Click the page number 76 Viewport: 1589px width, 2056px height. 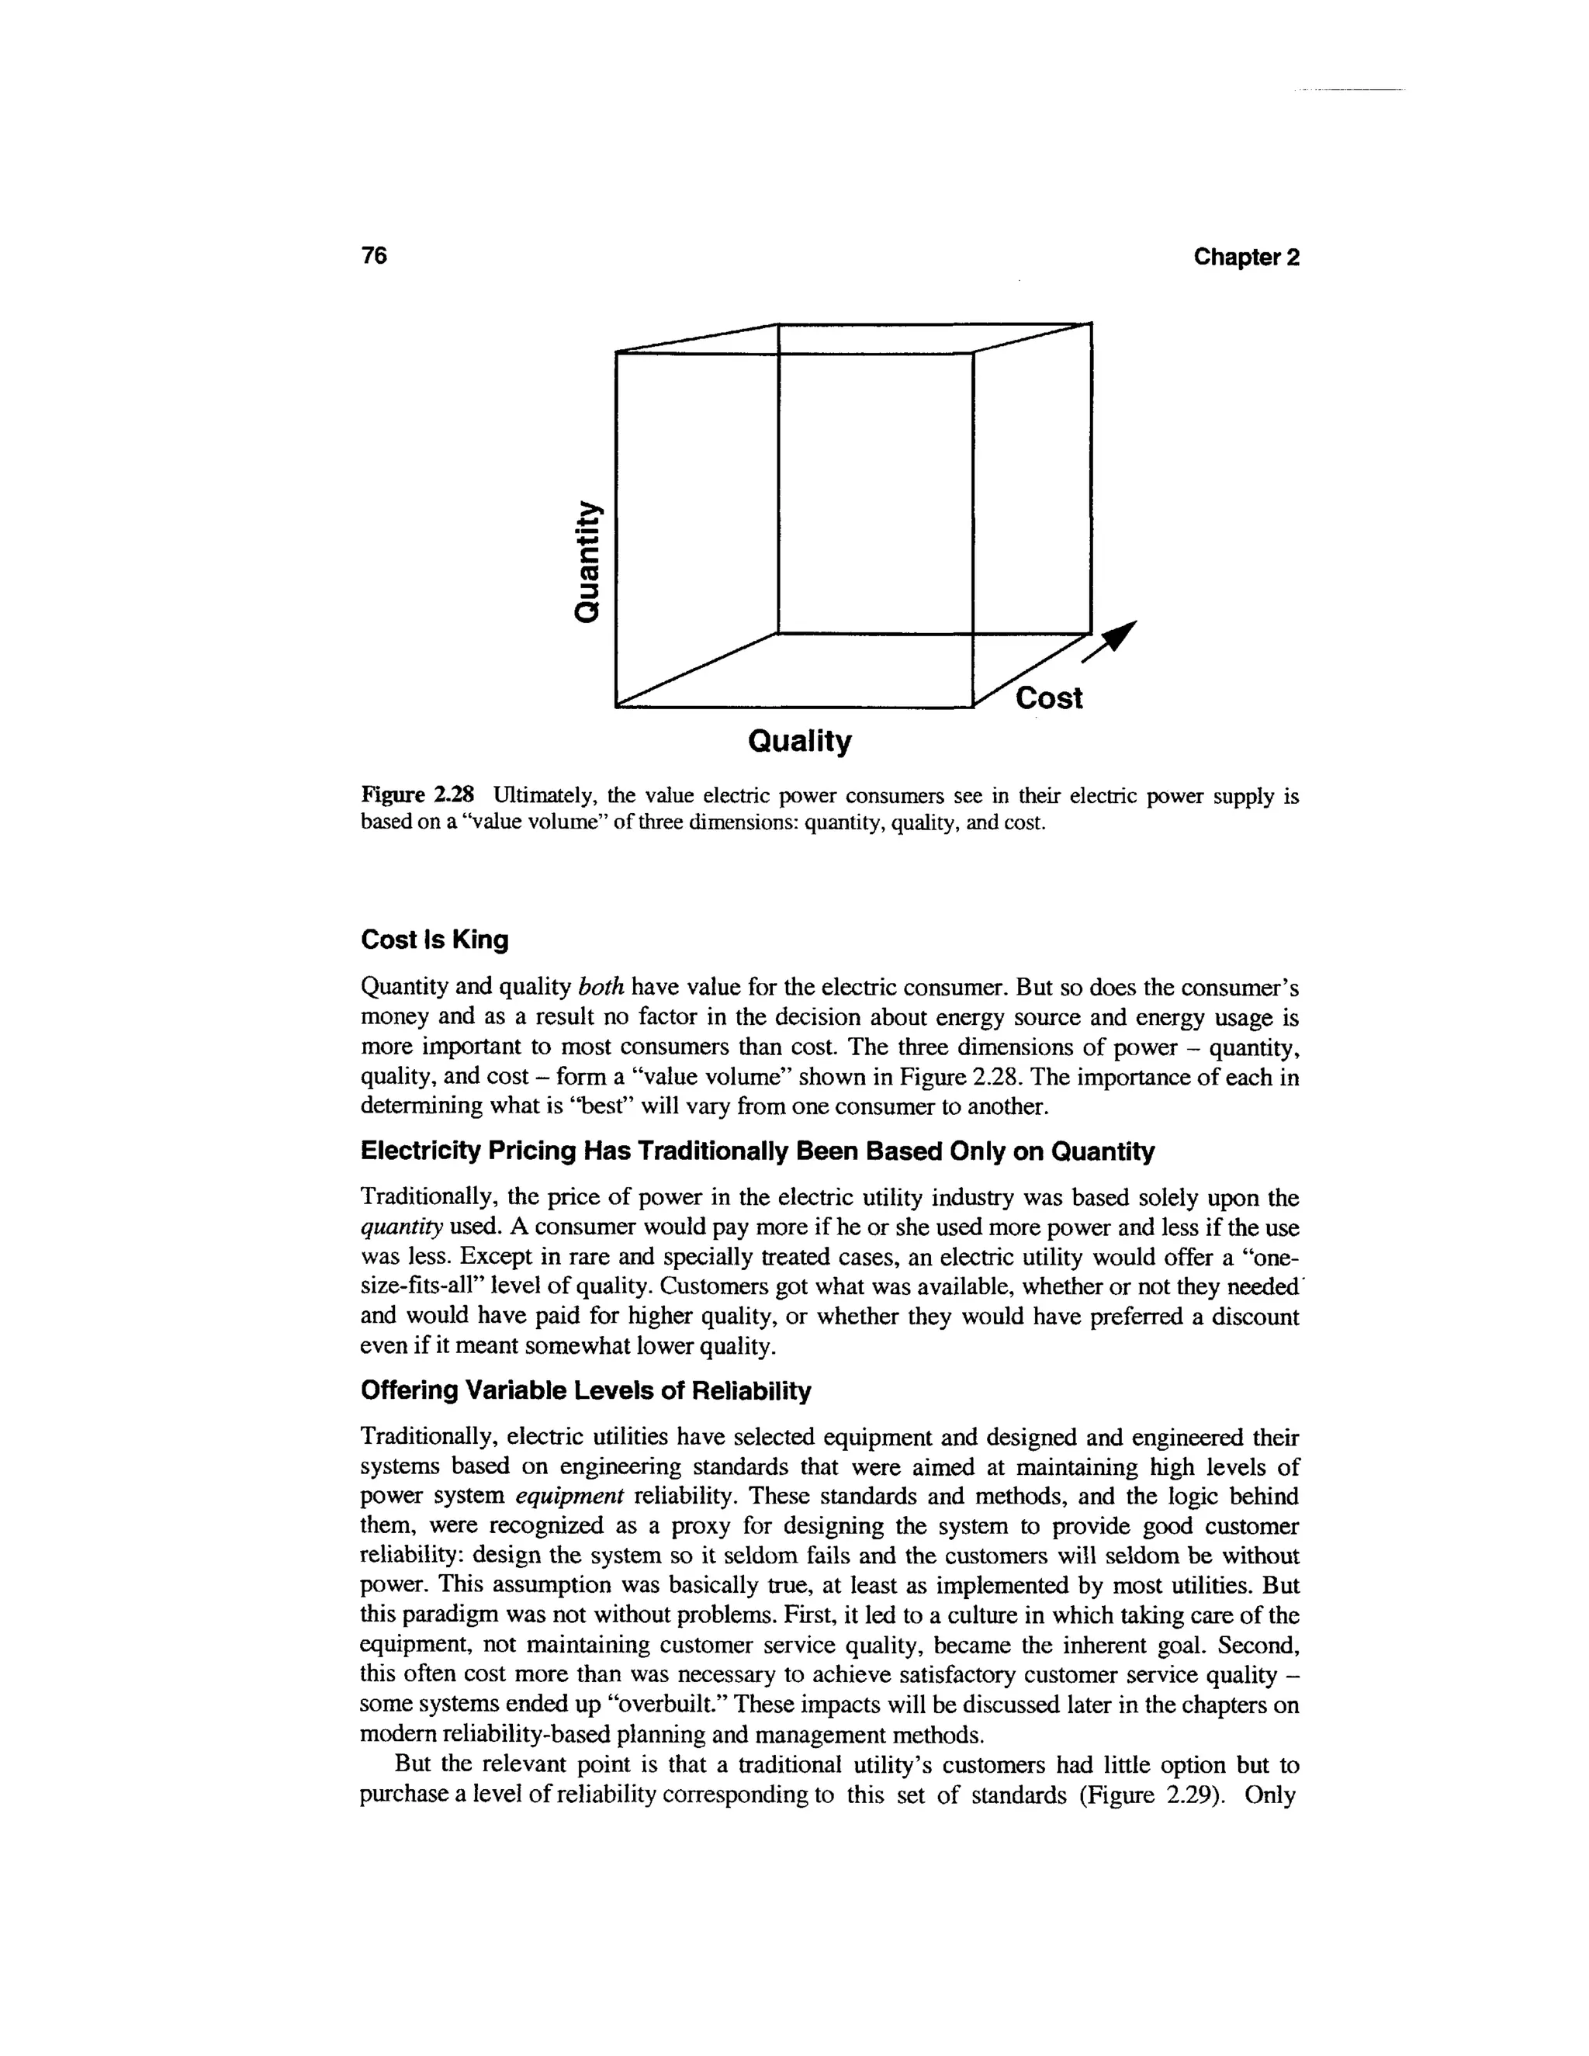pyautogui.click(x=374, y=256)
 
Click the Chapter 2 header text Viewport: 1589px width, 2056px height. pyautogui.click(x=1245, y=257)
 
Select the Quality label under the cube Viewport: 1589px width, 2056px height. pyautogui.click(x=799, y=742)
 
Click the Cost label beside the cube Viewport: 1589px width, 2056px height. pyautogui.click(x=1050, y=698)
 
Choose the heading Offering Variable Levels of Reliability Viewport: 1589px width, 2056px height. pyautogui.click(x=586, y=1390)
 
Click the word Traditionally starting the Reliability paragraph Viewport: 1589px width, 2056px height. pyautogui.click(x=428, y=1438)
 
